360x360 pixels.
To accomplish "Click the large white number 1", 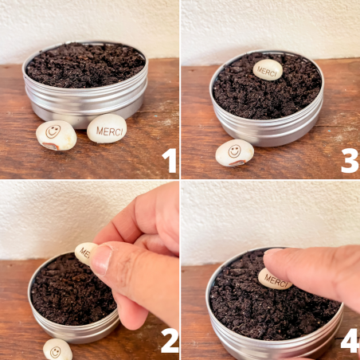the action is [x=170, y=160].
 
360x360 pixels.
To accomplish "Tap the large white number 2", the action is [x=170, y=341].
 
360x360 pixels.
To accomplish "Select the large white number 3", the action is [x=350, y=161].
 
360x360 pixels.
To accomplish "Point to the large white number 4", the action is [x=350, y=341].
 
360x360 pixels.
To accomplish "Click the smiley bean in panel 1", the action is [x=57, y=135].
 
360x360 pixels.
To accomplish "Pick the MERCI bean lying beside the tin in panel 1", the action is [x=107, y=128].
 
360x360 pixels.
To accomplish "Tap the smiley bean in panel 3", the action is [x=234, y=153].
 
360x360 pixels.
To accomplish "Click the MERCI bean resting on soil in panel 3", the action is [x=268, y=69].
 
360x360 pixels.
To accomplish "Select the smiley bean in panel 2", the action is [x=57, y=350].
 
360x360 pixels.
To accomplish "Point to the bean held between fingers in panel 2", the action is [x=84, y=253].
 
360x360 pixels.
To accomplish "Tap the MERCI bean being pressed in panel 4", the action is [x=275, y=280].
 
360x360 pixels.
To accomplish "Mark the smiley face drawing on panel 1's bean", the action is [x=53, y=131].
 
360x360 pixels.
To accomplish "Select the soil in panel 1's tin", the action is [x=85, y=65].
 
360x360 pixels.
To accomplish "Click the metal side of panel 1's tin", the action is [x=85, y=106].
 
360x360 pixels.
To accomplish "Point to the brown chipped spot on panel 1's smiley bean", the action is [x=51, y=146].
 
